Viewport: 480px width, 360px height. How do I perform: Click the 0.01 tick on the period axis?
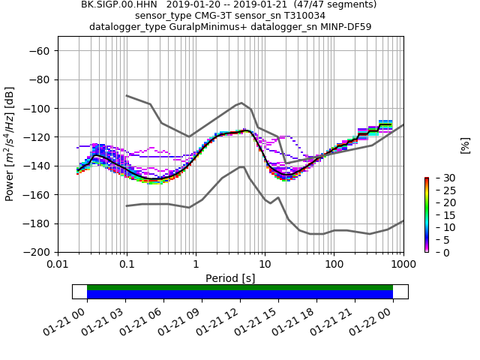(x=58, y=265)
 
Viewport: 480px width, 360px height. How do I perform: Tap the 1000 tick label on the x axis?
(x=403, y=265)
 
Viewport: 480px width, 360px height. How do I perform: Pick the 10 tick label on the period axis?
(x=265, y=265)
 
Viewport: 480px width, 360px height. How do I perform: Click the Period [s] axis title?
(x=230, y=278)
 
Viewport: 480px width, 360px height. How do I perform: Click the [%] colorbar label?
(x=465, y=145)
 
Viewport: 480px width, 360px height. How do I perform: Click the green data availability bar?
(x=240, y=287)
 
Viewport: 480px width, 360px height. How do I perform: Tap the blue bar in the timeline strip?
(x=240, y=295)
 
